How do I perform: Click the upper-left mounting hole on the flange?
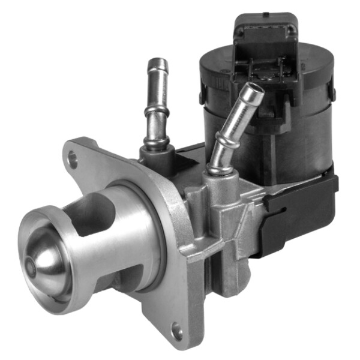point(73,158)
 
